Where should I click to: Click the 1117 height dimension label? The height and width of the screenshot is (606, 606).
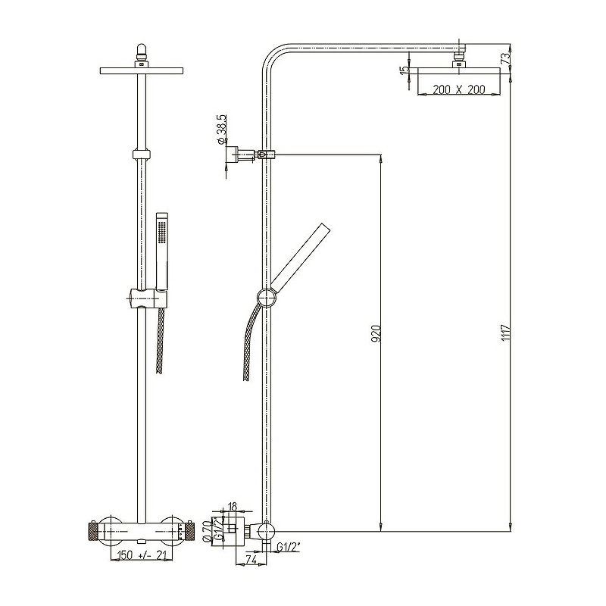coord(506,333)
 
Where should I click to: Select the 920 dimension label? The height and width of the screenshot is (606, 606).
coord(376,333)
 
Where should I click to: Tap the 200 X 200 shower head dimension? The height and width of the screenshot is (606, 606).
coord(459,89)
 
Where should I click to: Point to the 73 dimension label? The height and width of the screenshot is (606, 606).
coord(505,59)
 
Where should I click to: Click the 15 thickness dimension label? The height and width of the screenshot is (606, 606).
coord(404,70)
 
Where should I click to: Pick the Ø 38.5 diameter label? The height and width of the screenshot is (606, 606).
coord(222,130)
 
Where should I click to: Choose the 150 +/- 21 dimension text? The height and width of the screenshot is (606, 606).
coord(142,555)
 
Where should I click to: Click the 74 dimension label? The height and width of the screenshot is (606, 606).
coord(251,559)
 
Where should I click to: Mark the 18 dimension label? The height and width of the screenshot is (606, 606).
coord(233,507)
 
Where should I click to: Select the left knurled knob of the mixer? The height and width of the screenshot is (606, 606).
coord(92,533)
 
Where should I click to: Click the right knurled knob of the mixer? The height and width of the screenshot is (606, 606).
coord(191,533)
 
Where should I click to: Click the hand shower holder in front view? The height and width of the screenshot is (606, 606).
coord(147,298)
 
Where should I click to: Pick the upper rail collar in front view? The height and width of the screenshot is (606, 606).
coord(141,154)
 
